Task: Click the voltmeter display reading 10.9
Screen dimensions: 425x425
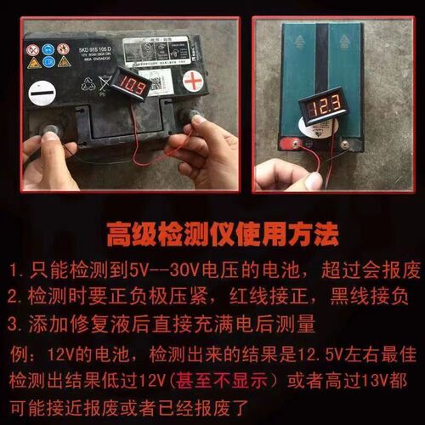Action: (x=133, y=84)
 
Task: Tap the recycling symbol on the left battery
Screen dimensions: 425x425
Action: (x=88, y=84)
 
